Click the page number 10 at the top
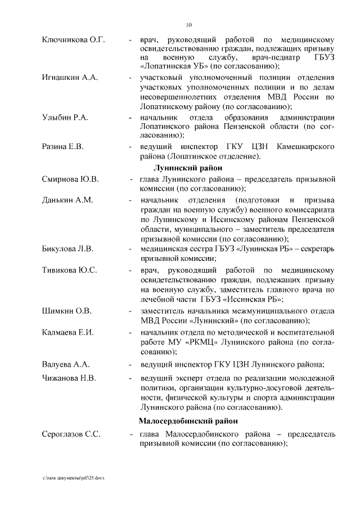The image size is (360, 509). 189,25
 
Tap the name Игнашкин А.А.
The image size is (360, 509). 70,77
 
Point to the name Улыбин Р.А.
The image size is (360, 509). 65,117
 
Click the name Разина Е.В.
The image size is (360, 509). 63,146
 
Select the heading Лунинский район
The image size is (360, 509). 188,168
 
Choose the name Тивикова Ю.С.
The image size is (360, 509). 70,270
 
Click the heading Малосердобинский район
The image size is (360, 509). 188,420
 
